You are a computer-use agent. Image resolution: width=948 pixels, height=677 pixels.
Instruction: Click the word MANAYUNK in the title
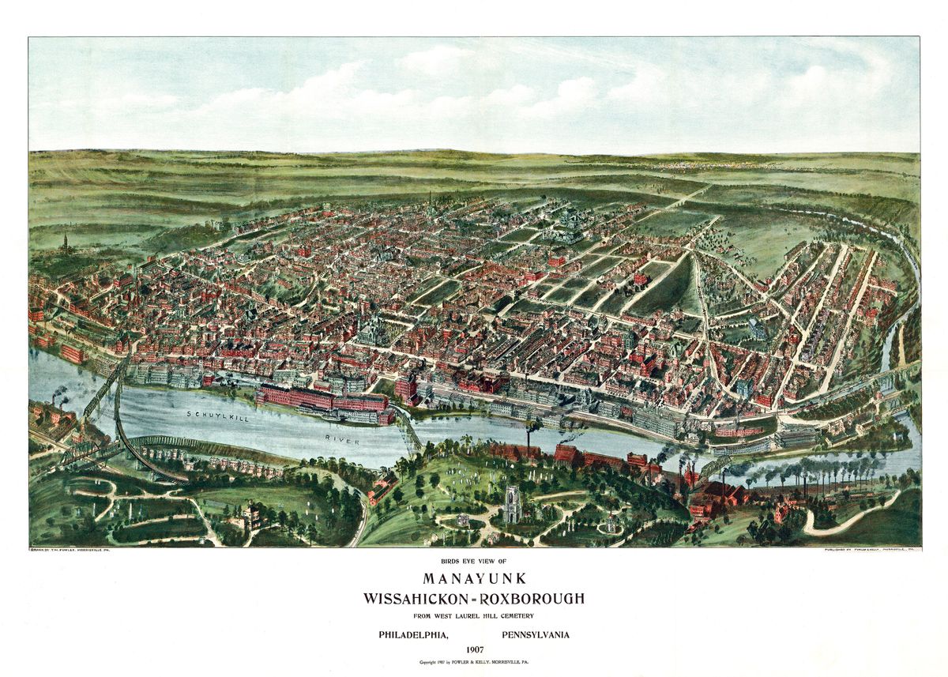click(x=473, y=578)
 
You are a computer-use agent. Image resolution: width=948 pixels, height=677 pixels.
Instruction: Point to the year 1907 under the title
click(x=474, y=649)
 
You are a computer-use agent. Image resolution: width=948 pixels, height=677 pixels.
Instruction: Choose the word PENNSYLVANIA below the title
click(x=535, y=634)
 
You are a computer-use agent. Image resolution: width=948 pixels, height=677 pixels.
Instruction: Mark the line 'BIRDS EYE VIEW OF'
click(x=473, y=562)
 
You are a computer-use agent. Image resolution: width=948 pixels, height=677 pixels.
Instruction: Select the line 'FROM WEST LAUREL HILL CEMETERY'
click(x=473, y=615)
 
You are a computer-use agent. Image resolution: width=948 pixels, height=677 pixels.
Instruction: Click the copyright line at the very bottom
click(x=473, y=661)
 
